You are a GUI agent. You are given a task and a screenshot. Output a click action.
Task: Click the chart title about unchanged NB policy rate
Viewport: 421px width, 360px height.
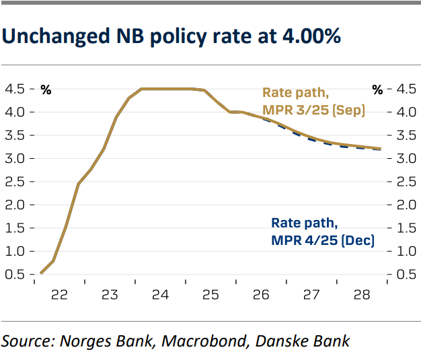point(171,36)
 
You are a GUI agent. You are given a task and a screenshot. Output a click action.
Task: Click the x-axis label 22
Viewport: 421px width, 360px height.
point(59,294)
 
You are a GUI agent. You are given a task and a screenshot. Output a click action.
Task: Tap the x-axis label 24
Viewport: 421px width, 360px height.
point(160,294)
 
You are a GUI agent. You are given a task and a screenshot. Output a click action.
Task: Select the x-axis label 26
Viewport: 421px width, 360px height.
point(261,294)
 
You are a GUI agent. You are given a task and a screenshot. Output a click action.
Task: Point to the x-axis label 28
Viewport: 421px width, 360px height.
point(361,294)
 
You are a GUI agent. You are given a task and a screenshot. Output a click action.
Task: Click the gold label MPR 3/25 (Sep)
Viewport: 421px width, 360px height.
point(313,110)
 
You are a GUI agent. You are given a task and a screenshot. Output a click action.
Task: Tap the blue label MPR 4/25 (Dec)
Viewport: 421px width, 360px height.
point(322,240)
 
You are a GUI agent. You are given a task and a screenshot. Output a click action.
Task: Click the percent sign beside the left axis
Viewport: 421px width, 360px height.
point(46,89)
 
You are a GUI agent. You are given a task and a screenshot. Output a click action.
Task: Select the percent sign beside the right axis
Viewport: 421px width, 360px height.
point(377,89)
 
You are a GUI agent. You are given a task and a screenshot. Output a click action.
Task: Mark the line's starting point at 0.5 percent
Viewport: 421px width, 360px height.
point(41,273)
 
